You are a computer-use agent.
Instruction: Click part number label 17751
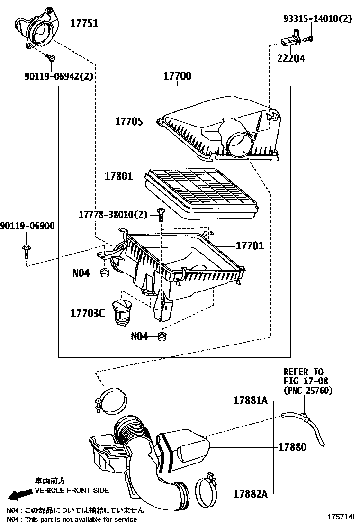[84, 23]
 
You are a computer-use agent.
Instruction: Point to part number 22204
[291, 58]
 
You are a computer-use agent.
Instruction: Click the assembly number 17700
[177, 76]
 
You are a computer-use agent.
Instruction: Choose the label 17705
[128, 122]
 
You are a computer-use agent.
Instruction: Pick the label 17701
[250, 246]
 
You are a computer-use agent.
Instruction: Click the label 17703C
[87, 313]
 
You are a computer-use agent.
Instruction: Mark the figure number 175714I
[342, 517]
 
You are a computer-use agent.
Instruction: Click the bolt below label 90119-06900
[26, 251]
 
